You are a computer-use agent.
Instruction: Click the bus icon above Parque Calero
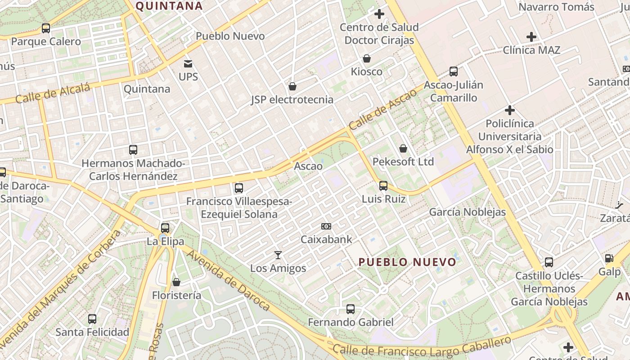pyautogui.click(x=46, y=28)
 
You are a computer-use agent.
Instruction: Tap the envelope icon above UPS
pyautogui.click(x=188, y=64)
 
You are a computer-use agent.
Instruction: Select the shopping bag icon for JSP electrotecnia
pyautogui.click(x=292, y=86)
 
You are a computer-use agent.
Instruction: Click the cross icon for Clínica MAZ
pyautogui.click(x=531, y=37)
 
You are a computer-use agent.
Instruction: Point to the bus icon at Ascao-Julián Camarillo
pyautogui.click(x=454, y=72)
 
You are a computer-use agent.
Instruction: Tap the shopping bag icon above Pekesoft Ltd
pyautogui.click(x=403, y=148)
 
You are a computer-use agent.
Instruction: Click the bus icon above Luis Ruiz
pyautogui.click(x=383, y=186)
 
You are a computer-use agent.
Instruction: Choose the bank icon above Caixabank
pyautogui.click(x=326, y=226)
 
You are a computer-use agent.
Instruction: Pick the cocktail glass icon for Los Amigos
pyautogui.click(x=278, y=255)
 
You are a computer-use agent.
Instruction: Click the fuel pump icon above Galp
pyautogui.click(x=609, y=258)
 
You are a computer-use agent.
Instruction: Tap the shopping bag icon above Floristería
pyautogui.click(x=176, y=282)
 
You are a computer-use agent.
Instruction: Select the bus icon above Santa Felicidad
pyautogui.click(x=92, y=319)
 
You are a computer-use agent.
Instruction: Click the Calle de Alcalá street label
pyautogui.click(x=53, y=93)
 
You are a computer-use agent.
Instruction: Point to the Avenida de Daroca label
pyautogui.click(x=229, y=279)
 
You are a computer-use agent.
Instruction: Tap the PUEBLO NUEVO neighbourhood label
pyautogui.click(x=407, y=262)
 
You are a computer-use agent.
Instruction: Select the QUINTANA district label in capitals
pyautogui.click(x=169, y=6)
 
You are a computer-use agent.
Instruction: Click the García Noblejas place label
pyautogui.click(x=468, y=212)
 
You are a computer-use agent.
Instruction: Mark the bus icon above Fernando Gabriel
pyautogui.click(x=351, y=309)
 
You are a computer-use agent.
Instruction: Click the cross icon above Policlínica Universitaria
pyautogui.click(x=510, y=110)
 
